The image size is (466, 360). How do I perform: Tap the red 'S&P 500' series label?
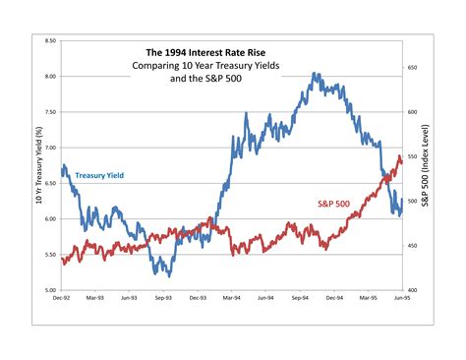tap(333, 204)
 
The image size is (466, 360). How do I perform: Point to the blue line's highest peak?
tap(314, 74)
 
